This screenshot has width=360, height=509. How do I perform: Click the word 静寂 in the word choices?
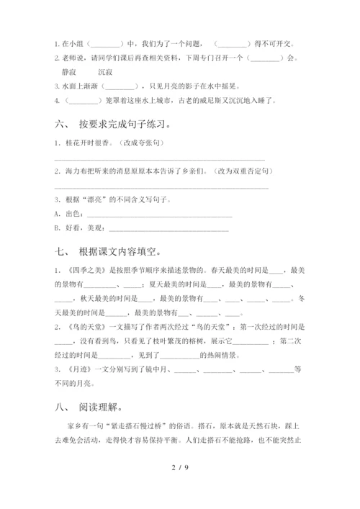coord(72,72)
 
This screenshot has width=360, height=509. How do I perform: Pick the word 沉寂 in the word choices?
coord(106,72)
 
